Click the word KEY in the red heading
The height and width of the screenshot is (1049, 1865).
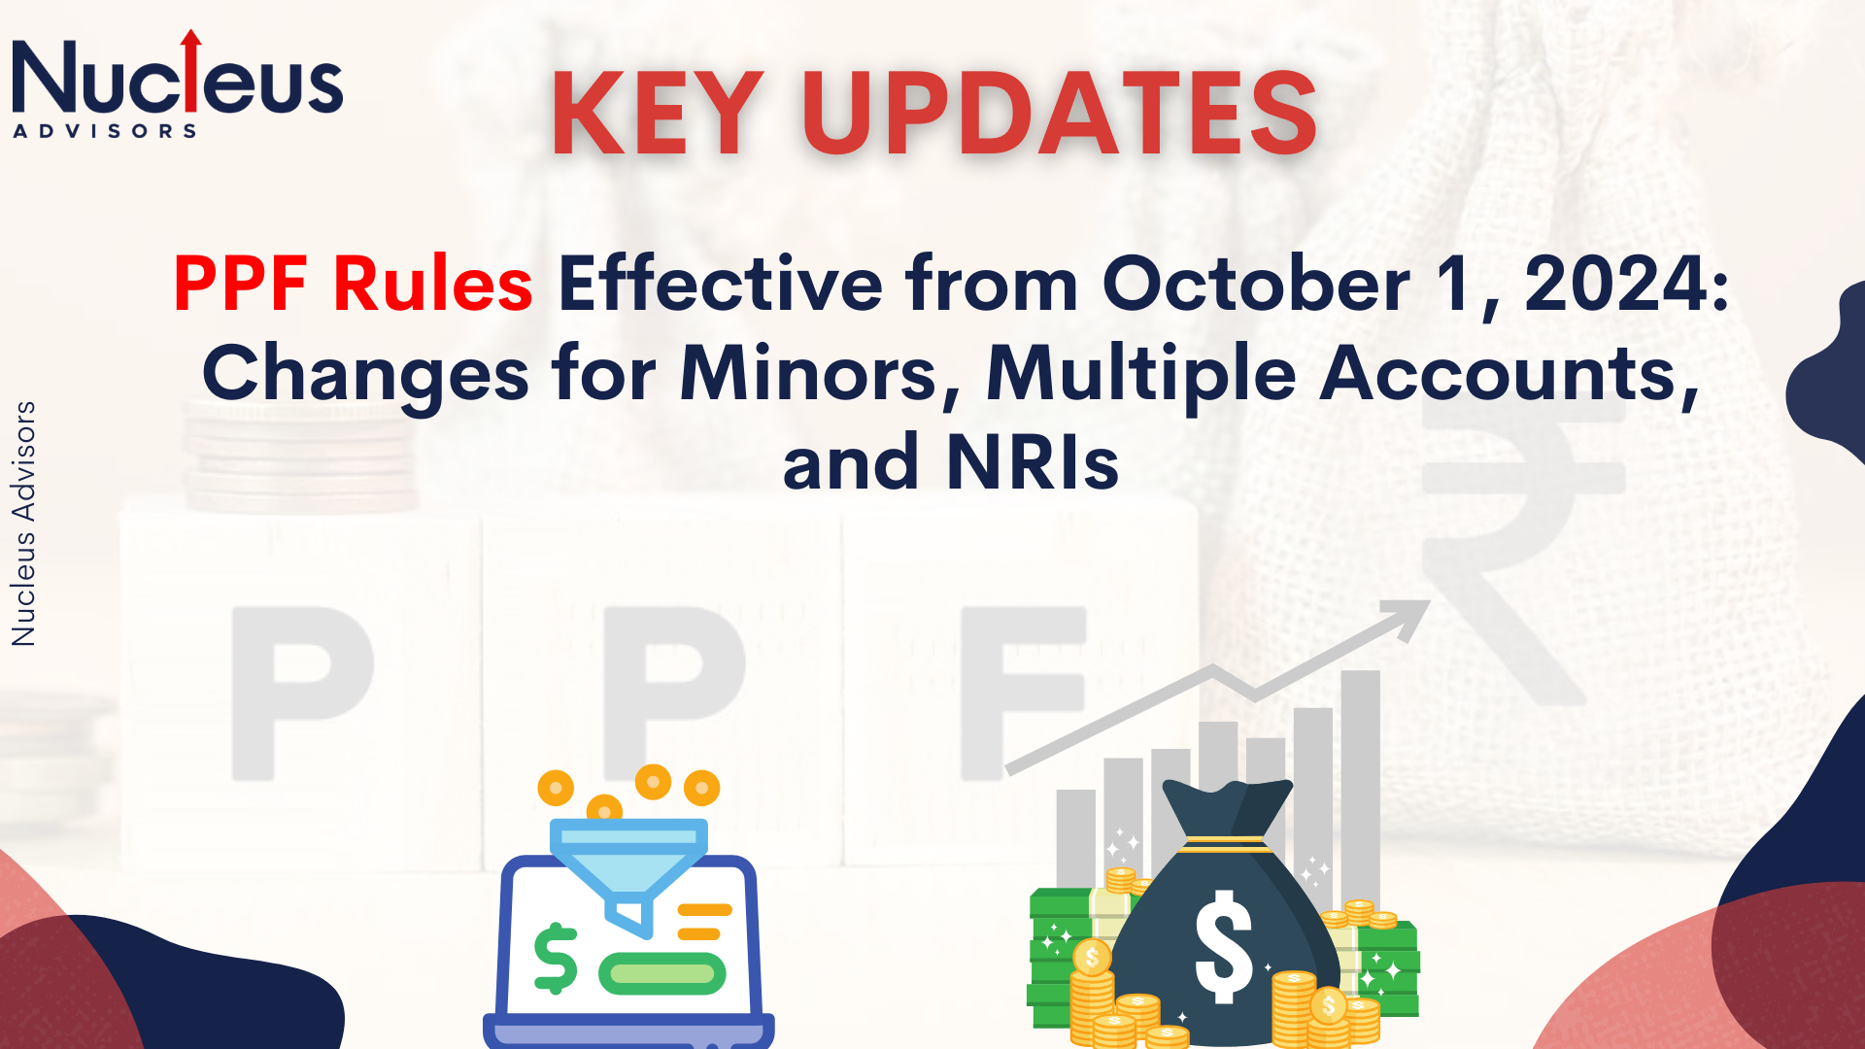point(658,113)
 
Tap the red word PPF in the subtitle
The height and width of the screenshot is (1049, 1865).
point(241,284)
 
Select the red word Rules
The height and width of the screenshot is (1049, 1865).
point(433,284)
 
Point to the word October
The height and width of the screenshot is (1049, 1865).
point(1256,284)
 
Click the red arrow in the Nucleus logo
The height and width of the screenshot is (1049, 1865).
point(191,69)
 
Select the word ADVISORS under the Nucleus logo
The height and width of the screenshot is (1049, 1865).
point(105,131)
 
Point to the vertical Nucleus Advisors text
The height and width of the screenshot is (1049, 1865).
point(23,524)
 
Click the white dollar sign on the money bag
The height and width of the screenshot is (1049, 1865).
point(1223,947)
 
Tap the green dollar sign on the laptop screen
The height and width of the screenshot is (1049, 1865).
point(556,959)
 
